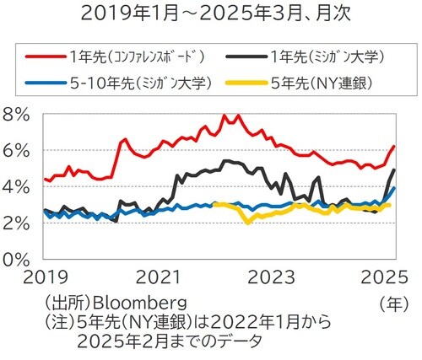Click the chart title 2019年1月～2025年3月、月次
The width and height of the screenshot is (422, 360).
tap(210, 13)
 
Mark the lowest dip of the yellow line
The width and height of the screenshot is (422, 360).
tap(247, 223)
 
